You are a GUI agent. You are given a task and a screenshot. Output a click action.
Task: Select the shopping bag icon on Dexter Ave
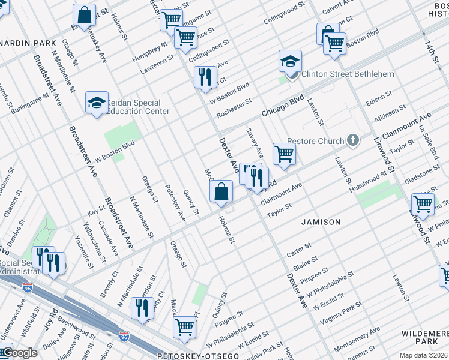[221, 192]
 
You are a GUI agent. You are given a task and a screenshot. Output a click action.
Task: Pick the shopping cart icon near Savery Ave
[284, 154]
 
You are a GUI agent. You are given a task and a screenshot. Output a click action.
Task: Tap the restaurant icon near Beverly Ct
[142, 308]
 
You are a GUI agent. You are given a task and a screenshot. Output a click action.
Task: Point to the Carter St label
[298, 250]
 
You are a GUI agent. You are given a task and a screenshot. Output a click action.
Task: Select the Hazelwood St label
[369, 181]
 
